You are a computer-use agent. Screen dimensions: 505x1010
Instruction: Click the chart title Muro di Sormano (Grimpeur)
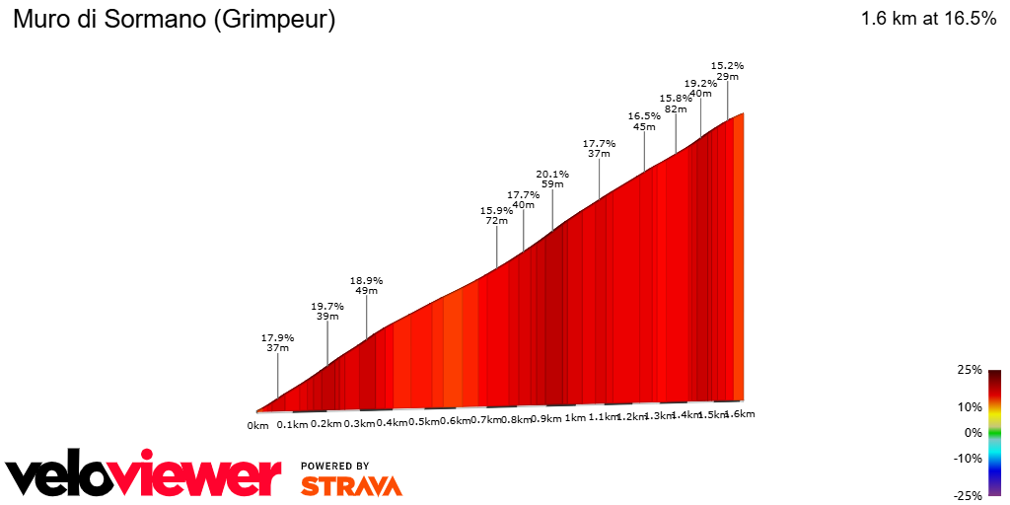pos(174,20)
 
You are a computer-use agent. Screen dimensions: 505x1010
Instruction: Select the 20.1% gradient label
pos(552,174)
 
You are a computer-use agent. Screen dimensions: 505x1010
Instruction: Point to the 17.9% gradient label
pos(277,337)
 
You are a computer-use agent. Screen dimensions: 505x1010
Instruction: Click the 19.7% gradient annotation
pos(327,306)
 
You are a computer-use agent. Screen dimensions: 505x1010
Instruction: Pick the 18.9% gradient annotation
pos(366,280)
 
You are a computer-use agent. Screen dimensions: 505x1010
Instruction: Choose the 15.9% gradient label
pos(496,210)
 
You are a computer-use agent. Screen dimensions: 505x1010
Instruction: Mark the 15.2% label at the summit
pos(728,65)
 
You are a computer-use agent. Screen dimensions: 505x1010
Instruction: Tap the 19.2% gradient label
pos(700,83)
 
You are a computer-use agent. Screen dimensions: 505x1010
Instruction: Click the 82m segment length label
pos(676,108)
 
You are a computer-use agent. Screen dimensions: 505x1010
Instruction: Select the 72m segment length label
pos(496,221)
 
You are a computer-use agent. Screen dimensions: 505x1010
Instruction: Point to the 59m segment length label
pos(552,184)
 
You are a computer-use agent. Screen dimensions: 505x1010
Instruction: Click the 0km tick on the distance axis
pos(257,425)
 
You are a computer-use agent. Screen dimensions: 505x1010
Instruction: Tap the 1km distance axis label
pos(575,418)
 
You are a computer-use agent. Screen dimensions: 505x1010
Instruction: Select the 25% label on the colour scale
pos(971,370)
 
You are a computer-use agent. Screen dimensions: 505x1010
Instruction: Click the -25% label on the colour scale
pos(969,496)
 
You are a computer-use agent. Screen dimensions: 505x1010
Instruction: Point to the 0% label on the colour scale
pos(974,432)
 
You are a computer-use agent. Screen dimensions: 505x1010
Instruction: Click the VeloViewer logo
pos(144,476)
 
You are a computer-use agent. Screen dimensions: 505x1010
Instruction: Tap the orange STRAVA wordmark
pos(351,485)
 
